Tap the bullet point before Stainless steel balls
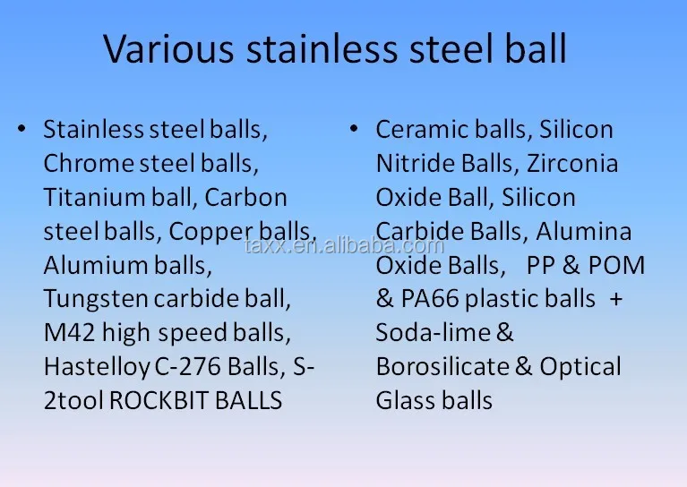[x=21, y=130]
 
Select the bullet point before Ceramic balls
[x=354, y=130]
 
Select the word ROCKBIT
[x=159, y=401]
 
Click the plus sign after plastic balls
[x=615, y=300]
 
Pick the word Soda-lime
[x=433, y=333]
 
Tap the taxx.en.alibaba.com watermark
[x=344, y=246]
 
